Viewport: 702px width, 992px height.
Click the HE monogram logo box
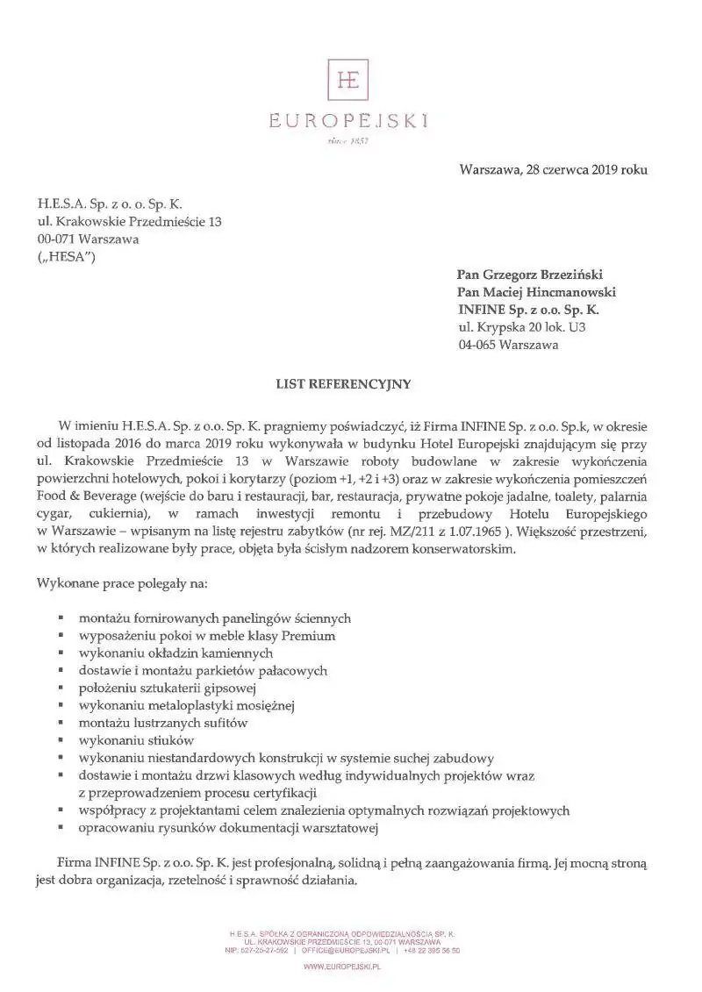coord(348,81)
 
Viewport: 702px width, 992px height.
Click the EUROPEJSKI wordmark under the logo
coord(348,121)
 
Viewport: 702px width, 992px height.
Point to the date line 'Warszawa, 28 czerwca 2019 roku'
coord(553,169)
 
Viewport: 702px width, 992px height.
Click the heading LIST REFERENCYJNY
coord(344,383)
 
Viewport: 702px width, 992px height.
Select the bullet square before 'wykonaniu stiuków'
coord(60,741)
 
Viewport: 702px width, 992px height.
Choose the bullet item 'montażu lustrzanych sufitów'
coord(163,724)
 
